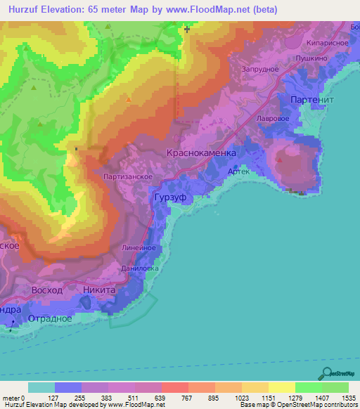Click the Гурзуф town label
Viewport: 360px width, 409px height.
tap(169, 199)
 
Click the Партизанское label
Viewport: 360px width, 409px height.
tap(128, 177)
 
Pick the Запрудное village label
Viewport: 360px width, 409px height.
tap(261, 69)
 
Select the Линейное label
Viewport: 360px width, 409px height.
tap(139, 247)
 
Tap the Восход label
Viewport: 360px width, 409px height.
tap(47, 290)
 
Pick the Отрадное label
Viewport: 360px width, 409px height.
tap(50, 318)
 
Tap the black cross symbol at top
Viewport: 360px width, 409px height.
tap(187, 29)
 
